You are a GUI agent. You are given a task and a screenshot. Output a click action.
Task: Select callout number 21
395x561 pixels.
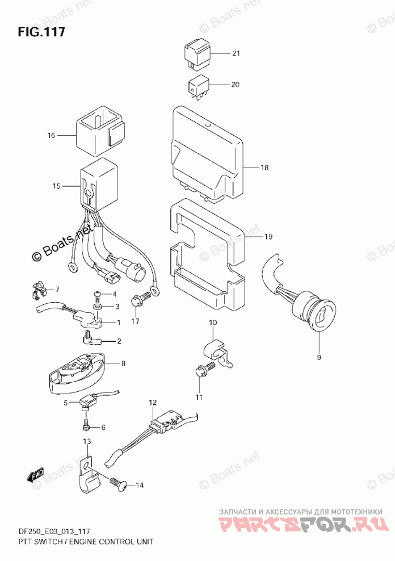click(x=236, y=54)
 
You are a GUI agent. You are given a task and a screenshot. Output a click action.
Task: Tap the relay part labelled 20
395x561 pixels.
click(x=198, y=86)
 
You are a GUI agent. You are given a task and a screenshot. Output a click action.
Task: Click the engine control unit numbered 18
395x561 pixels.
click(x=207, y=153)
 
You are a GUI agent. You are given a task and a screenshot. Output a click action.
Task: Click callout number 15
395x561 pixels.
click(x=56, y=186)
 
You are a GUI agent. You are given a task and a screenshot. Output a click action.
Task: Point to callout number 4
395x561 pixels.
click(x=114, y=294)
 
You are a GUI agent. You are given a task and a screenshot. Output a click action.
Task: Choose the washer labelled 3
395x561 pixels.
click(x=98, y=307)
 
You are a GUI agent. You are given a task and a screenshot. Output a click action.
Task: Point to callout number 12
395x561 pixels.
click(x=152, y=404)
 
